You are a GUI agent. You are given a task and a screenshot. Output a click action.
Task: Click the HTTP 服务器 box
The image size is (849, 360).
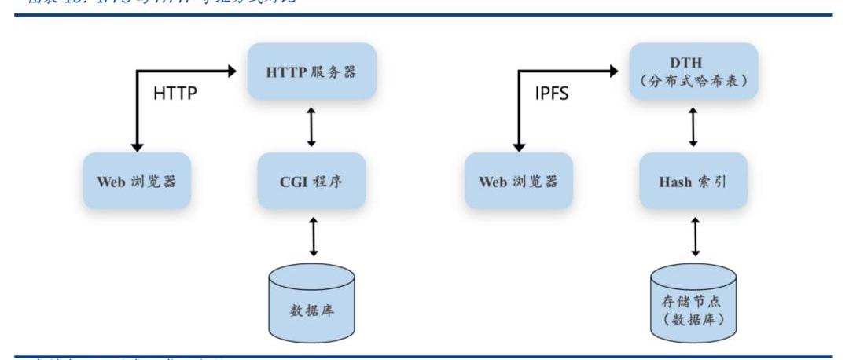point(311,72)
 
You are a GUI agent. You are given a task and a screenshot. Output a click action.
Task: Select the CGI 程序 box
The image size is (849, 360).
point(311,182)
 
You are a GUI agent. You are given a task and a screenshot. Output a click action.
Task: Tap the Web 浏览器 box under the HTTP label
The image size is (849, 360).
point(137,182)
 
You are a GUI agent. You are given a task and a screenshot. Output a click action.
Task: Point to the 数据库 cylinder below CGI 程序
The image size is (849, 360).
point(312,303)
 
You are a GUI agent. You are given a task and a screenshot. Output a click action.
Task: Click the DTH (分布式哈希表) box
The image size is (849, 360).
point(693,72)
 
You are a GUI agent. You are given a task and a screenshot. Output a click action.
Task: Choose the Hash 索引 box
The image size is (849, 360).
point(693,182)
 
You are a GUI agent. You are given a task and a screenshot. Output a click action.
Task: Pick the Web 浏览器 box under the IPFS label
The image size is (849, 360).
point(518,182)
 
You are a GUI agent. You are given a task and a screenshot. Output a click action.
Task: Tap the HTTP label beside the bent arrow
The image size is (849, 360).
point(175,94)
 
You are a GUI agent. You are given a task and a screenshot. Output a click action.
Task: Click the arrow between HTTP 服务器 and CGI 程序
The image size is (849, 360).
point(311,127)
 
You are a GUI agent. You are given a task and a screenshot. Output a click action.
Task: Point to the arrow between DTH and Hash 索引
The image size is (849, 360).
point(693,127)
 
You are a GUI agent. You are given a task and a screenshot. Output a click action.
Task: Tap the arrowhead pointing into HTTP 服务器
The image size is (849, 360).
point(232,72)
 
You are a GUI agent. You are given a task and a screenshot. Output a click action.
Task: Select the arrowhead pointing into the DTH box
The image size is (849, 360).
point(614,72)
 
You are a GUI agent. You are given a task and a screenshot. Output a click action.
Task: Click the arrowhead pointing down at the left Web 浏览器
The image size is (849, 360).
point(138,147)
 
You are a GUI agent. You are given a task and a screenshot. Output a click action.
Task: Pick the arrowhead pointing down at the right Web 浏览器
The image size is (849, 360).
point(519,147)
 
